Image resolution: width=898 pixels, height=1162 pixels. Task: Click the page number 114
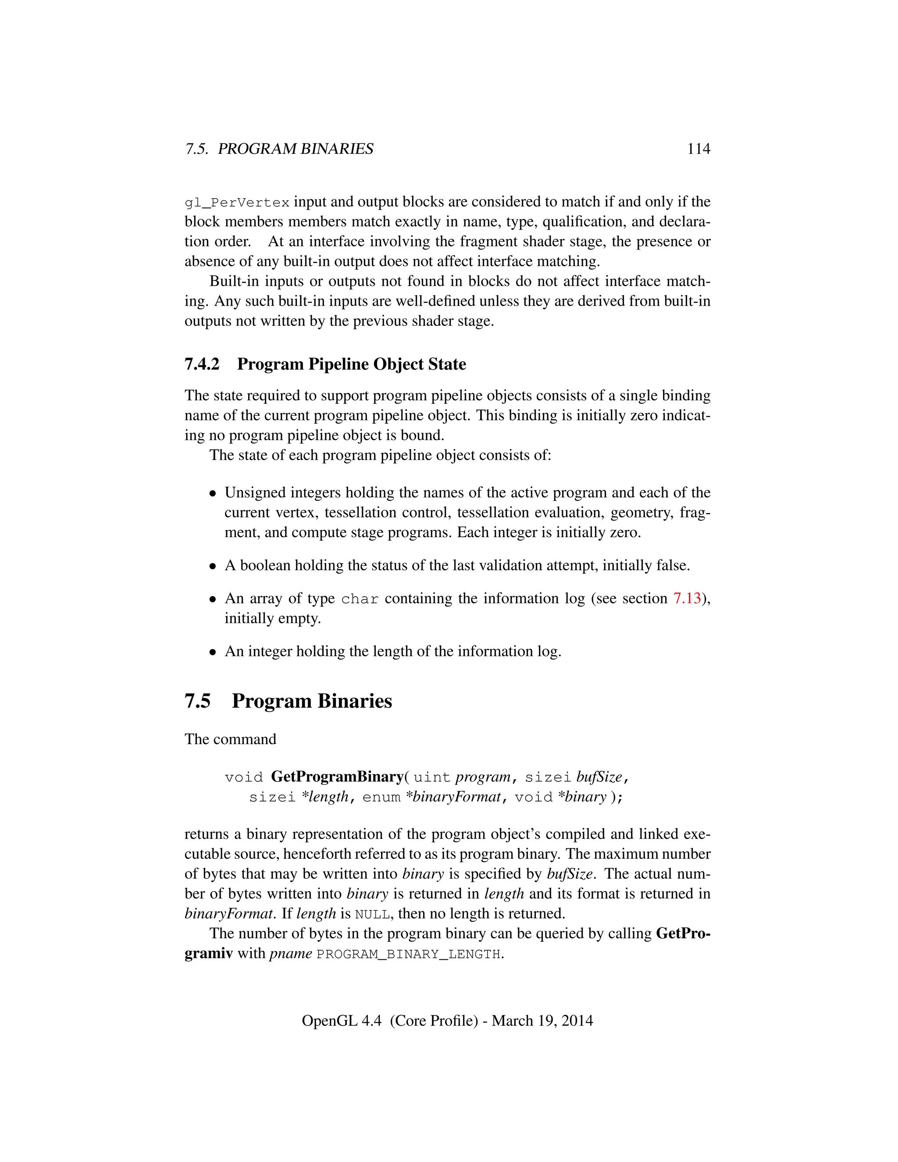click(698, 149)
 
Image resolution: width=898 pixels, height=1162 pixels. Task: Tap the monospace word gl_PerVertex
click(237, 203)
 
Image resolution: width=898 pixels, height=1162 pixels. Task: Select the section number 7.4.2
click(202, 364)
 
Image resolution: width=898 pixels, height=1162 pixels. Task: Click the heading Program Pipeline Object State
click(351, 364)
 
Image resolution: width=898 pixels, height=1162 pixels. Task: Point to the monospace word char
click(360, 599)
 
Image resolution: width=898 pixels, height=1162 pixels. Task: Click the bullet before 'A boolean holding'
click(213, 566)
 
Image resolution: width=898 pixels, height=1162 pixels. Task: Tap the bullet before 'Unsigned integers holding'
click(213, 494)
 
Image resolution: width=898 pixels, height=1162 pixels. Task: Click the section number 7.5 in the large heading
click(197, 701)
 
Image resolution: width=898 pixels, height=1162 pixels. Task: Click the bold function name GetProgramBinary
click(337, 777)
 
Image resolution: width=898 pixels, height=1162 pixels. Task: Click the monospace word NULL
click(372, 915)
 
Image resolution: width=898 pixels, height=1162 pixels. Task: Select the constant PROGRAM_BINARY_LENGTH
click(409, 955)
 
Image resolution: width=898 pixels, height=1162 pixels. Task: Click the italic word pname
click(290, 953)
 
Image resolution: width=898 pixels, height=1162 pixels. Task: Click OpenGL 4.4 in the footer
click(341, 1020)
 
